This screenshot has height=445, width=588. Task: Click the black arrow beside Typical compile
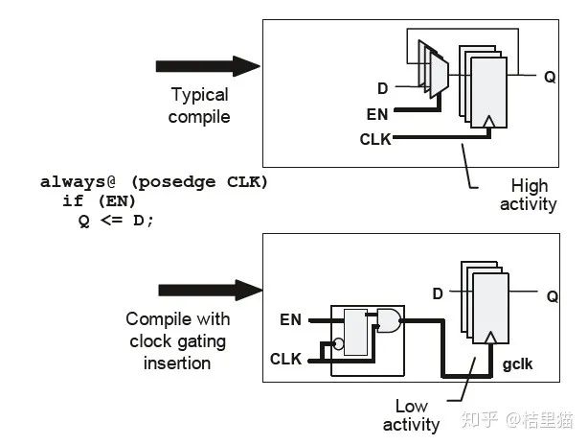[207, 65]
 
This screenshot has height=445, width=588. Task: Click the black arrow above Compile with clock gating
[209, 290]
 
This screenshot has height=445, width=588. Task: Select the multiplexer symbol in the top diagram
[437, 75]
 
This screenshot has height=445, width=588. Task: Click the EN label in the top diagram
[377, 113]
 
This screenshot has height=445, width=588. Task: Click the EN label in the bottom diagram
[290, 318]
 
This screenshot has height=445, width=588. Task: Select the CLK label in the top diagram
[374, 139]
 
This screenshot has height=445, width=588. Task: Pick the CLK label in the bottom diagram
[286, 360]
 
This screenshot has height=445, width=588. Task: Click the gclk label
[518, 364]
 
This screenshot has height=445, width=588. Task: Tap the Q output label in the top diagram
[550, 77]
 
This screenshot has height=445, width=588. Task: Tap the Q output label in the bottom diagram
[552, 296]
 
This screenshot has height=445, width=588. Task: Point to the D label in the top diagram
[383, 88]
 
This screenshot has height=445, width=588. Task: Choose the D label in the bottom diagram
[438, 293]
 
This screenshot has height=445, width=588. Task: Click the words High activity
[528, 195]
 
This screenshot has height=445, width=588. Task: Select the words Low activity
[411, 414]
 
